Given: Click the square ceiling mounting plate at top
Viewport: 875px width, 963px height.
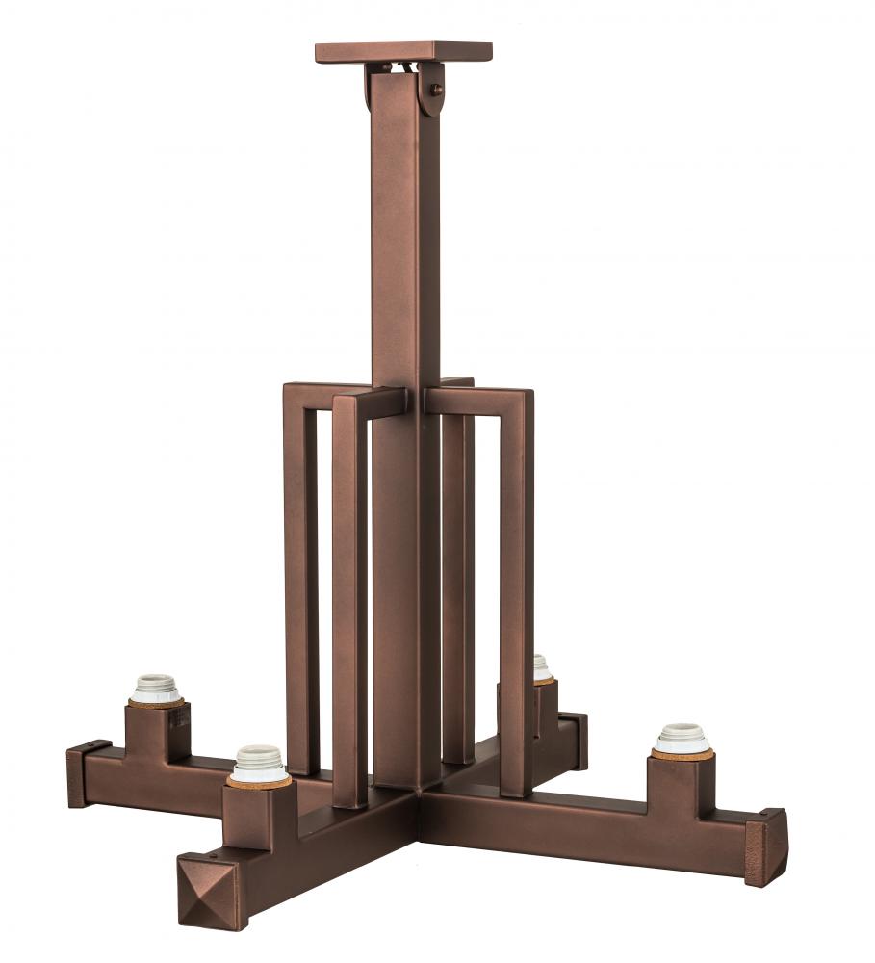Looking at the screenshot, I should point(403,52).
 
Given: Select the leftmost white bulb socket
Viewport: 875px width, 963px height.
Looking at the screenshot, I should point(156,688).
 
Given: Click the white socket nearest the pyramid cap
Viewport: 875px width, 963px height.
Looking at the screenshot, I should point(259,763).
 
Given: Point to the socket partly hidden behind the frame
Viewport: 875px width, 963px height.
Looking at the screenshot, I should point(542,667).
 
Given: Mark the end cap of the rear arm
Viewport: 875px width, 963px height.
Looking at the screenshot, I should point(575,740).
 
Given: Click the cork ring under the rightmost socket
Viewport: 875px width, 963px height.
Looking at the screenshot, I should point(682,754).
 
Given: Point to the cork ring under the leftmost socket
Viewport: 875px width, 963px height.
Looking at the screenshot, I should point(156,704).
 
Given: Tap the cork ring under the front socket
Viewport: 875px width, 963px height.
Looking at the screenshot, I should point(259,782).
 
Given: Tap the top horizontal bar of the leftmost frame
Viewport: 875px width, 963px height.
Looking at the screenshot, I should point(327,392).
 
